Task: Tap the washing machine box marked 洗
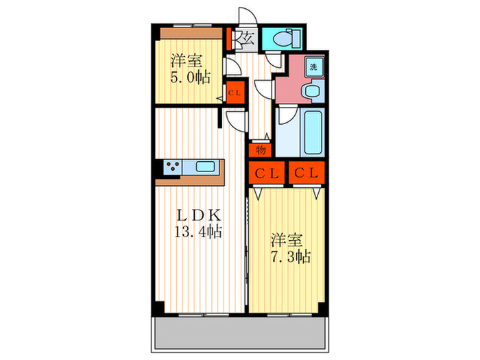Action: click(x=313, y=67)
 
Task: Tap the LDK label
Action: click(x=196, y=213)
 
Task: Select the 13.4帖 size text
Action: click(x=197, y=232)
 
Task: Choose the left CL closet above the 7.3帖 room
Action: click(x=265, y=173)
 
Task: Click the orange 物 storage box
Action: click(x=261, y=149)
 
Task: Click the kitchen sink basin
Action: click(x=205, y=166)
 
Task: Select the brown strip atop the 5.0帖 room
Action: click(x=189, y=32)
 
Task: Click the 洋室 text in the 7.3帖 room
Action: click(x=285, y=240)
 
